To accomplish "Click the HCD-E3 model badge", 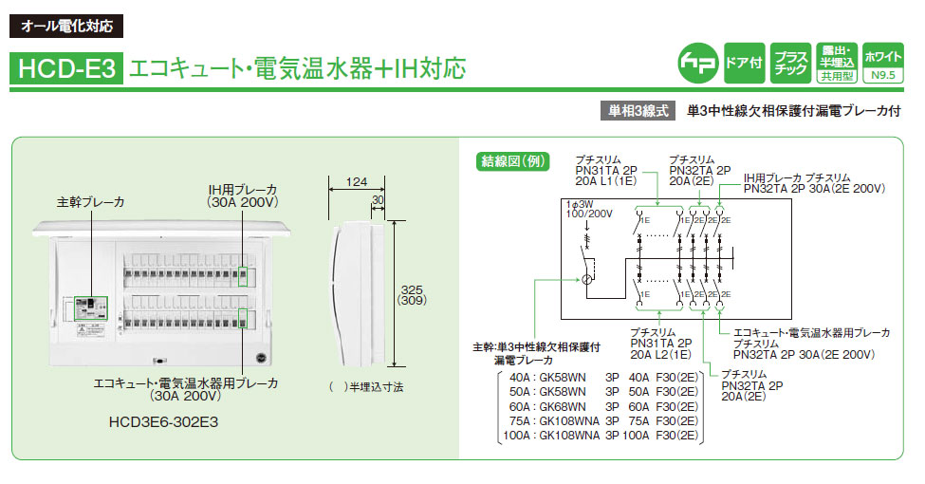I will point(65,68).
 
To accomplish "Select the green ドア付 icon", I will point(743,62).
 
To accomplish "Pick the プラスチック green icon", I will point(788,62).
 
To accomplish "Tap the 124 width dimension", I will point(357,181).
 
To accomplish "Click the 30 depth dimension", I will point(378,200).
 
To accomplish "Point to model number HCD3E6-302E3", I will point(145,420).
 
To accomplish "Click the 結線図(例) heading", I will point(511,161).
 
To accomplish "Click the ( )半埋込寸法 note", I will point(366,387).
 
